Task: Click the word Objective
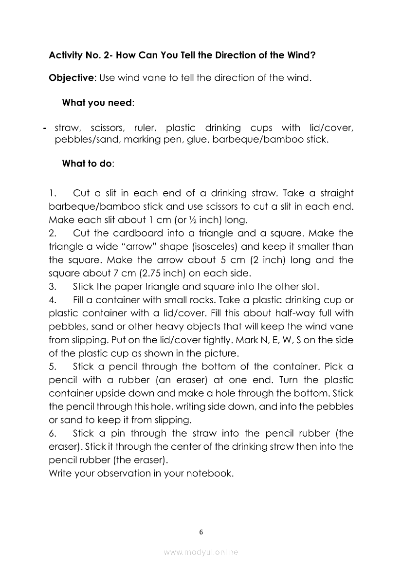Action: (71, 78)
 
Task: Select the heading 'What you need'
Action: (97, 103)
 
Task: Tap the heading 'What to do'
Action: (87, 164)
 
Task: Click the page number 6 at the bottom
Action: (201, 532)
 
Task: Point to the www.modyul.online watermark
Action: (201, 552)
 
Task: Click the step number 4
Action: (52, 300)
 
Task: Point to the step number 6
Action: (52, 433)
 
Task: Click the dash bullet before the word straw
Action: (44, 128)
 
